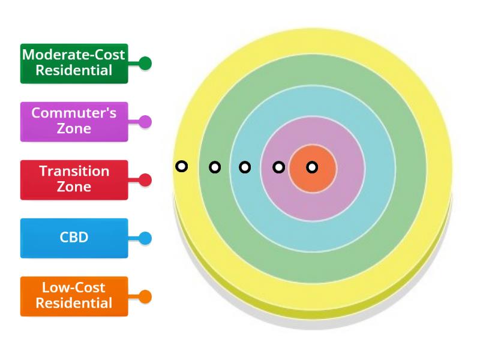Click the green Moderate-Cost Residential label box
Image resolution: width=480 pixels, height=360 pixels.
tap(74, 62)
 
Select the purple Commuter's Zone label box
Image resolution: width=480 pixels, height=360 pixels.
tap(74, 121)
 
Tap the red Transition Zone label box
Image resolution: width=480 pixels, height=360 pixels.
tap(74, 179)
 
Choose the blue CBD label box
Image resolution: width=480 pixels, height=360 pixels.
tap(74, 238)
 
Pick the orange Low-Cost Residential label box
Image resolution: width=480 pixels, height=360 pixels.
tap(74, 296)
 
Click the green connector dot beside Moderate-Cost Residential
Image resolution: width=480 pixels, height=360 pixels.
tap(145, 63)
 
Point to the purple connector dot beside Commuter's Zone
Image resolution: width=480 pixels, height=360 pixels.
tap(145, 122)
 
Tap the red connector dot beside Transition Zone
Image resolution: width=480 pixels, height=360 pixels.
tap(145, 180)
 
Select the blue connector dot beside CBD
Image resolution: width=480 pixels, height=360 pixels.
tap(145, 238)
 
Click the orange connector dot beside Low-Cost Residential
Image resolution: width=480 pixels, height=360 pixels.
tap(145, 296)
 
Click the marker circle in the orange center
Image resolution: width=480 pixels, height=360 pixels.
tap(312, 167)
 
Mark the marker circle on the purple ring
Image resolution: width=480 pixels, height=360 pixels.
tap(278, 167)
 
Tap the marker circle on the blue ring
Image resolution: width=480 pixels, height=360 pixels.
tap(245, 167)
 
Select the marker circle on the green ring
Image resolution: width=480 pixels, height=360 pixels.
tap(215, 167)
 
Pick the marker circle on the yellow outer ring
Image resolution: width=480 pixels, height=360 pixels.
tap(181, 166)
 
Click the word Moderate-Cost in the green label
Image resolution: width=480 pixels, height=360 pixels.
tap(74, 55)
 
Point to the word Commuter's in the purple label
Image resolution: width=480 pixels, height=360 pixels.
tap(74, 113)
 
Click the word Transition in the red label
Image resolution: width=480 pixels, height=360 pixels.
tap(74, 171)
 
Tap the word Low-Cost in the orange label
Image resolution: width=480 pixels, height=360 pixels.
tap(74, 287)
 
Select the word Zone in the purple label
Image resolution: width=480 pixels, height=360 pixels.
tap(74, 129)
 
